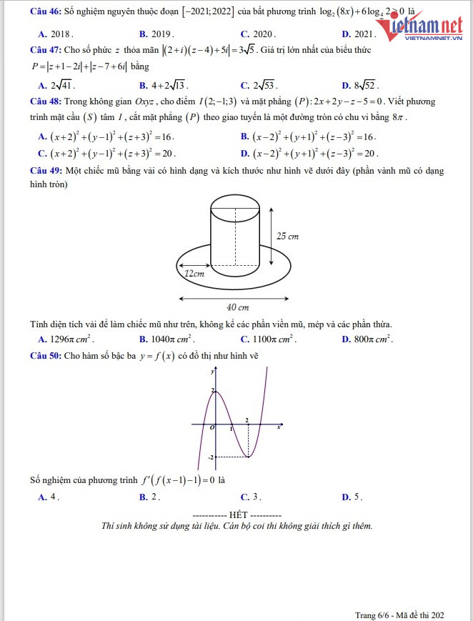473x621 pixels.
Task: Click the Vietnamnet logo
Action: click(x=427, y=29)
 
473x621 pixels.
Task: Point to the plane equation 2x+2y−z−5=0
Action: click(x=345, y=101)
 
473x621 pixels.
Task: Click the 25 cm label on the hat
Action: click(x=287, y=237)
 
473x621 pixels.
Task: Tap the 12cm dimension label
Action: click(x=194, y=273)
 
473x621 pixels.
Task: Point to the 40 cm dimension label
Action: click(x=237, y=307)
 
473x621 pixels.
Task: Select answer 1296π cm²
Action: click(x=71, y=339)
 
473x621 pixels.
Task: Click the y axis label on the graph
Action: click(x=212, y=372)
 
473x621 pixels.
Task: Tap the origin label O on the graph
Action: click(x=211, y=427)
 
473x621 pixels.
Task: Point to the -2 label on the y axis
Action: click(x=211, y=457)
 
